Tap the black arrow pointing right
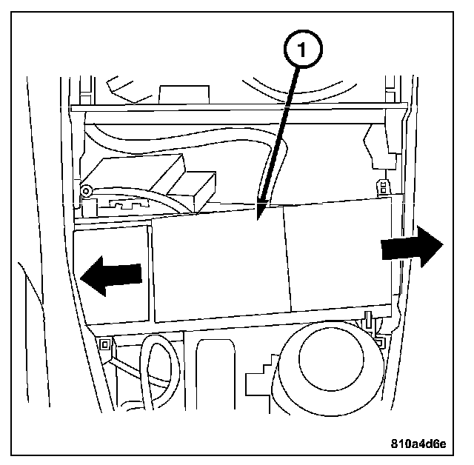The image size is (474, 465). [x=412, y=247]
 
